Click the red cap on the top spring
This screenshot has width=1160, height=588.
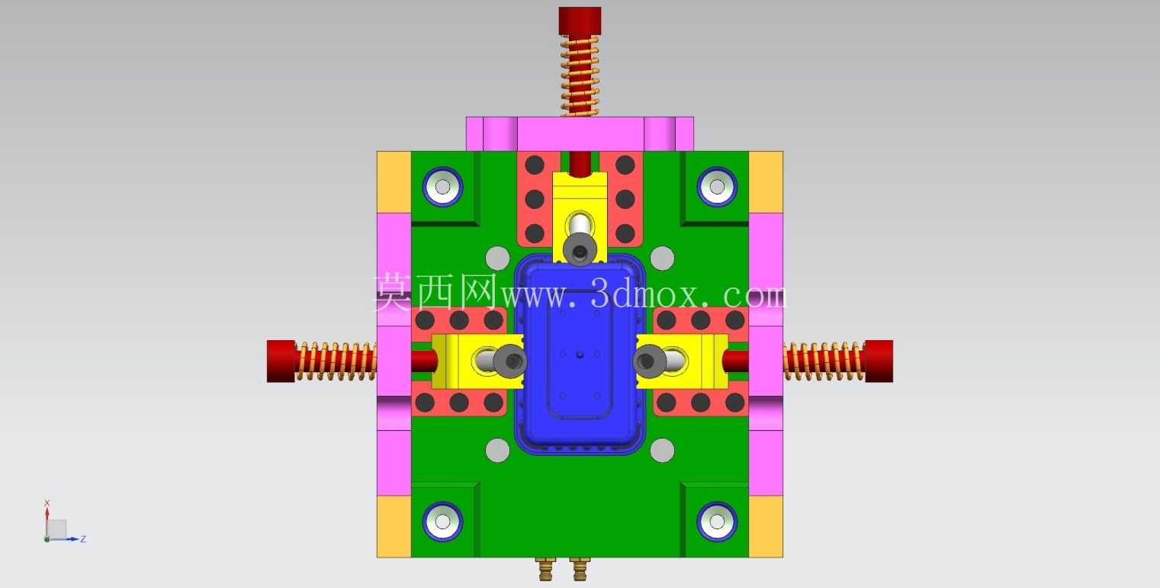[x=580, y=21]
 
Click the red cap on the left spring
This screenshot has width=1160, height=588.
[x=281, y=361]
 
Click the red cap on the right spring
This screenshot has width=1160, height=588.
[x=879, y=361]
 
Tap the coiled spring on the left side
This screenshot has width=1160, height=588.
[x=336, y=361]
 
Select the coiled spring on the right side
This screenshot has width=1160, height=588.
[x=824, y=361]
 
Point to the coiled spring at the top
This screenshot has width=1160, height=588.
[x=580, y=76]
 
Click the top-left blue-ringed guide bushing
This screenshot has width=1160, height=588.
[x=442, y=187]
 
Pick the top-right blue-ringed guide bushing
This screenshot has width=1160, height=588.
[x=717, y=187]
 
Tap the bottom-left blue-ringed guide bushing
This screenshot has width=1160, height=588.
[x=442, y=522]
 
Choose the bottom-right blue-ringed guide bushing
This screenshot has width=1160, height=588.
[x=717, y=522]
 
